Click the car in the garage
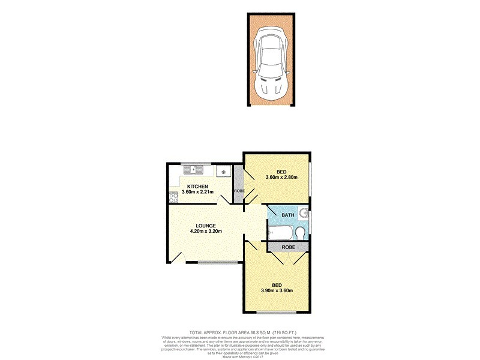[272, 62]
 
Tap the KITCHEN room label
[197, 187]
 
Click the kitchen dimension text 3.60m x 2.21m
[197, 193]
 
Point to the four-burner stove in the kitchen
[173, 195]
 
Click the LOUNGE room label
[206, 226]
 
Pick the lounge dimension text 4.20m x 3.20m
[206, 232]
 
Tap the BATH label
[289, 215]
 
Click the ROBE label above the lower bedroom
[289, 246]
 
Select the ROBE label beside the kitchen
[239, 191]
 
